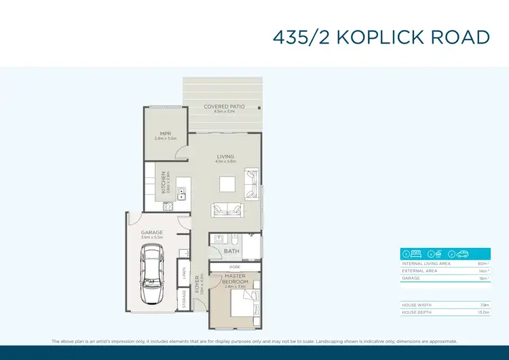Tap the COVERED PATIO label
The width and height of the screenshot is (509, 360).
coord(224,107)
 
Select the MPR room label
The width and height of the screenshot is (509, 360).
coord(165,133)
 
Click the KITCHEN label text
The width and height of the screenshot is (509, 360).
coord(164,182)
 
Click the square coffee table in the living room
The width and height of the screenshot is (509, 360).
coord(227,184)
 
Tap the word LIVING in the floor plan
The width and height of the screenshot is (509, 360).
coord(225,157)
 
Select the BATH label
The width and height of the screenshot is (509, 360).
coord(231,251)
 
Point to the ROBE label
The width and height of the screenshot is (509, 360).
coord(235,267)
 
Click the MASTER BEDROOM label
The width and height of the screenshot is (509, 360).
coord(235,279)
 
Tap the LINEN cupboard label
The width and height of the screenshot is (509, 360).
coord(184,274)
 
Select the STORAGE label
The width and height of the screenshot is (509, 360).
coord(184,299)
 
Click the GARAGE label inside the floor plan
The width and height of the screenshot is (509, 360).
coord(151,232)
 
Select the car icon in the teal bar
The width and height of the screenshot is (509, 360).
coord(463,254)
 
